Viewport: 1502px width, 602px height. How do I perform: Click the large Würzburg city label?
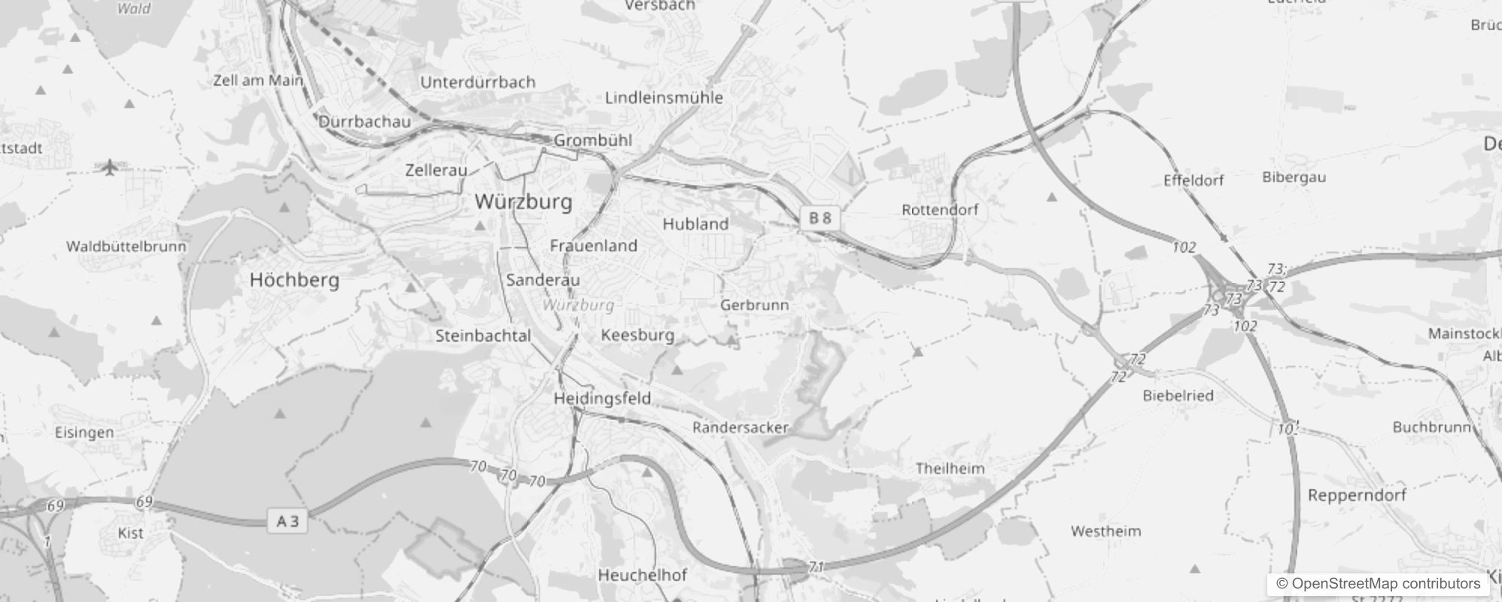pyautogui.click(x=524, y=202)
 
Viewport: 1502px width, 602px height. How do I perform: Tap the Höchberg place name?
pyautogui.click(x=294, y=280)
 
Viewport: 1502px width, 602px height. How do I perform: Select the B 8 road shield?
pyautogui.click(x=819, y=218)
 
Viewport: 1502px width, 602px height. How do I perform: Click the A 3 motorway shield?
pyautogui.click(x=287, y=521)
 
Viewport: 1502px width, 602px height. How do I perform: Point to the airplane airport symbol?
pyautogui.click(x=110, y=166)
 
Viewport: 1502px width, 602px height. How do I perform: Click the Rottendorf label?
pyautogui.click(x=940, y=210)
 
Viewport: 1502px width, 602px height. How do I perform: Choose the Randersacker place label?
pyautogui.click(x=740, y=427)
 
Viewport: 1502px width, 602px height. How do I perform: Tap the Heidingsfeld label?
pyautogui.click(x=602, y=398)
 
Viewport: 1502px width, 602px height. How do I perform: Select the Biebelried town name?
pyautogui.click(x=1178, y=395)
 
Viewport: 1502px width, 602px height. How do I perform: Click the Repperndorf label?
pyautogui.click(x=1357, y=495)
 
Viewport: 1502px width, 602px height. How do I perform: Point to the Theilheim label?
pyautogui.click(x=950, y=468)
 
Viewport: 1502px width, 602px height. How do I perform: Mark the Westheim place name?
pyautogui.click(x=1105, y=531)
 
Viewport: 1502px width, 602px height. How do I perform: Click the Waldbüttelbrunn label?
pyautogui.click(x=126, y=246)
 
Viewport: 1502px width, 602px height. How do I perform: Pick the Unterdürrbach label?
pyautogui.click(x=478, y=82)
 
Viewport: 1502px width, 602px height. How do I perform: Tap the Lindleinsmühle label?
pyautogui.click(x=664, y=98)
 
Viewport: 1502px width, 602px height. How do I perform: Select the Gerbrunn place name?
pyautogui.click(x=754, y=305)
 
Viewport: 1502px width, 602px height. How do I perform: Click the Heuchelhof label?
pyautogui.click(x=642, y=575)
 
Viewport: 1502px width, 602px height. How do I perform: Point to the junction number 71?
pyautogui.click(x=816, y=567)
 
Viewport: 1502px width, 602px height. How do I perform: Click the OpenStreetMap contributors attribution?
pyautogui.click(x=1378, y=584)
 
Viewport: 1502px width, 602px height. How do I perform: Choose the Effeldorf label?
pyautogui.click(x=1193, y=181)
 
